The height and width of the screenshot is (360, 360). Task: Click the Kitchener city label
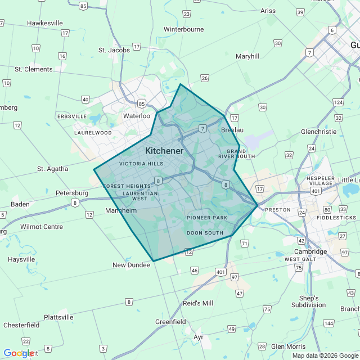click(x=164, y=151)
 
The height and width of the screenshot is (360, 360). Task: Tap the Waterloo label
click(x=137, y=116)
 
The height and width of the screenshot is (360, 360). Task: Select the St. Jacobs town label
click(x=114, y=50)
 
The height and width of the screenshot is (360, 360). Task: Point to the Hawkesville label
click(x=44, y=23)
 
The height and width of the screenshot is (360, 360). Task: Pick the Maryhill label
click(x=247, y=56)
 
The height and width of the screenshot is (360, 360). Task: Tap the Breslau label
click(x=232, y=130)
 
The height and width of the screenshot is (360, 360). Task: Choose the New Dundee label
click(x=131, y=265)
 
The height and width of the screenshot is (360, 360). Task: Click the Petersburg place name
click(x=72, y=193)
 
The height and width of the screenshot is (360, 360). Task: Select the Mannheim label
click(x=121, y=210)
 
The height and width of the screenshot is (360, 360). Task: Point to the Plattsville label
click(x=58, y=317)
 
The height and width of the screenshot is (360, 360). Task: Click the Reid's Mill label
click(x=198, y=303)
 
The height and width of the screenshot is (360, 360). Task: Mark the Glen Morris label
click(x=288, y=346)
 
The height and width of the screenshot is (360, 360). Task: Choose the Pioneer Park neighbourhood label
click(x=207, y=218)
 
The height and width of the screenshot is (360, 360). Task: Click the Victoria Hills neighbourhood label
click(x=141, y=164)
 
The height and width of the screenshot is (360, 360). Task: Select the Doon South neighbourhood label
click(x=205, y=232)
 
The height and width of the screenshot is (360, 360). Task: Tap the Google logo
click(x=19, y=353)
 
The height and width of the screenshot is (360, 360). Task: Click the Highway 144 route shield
click(x=328, y=323)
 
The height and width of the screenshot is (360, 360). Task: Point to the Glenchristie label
click(x=319, y=132)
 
